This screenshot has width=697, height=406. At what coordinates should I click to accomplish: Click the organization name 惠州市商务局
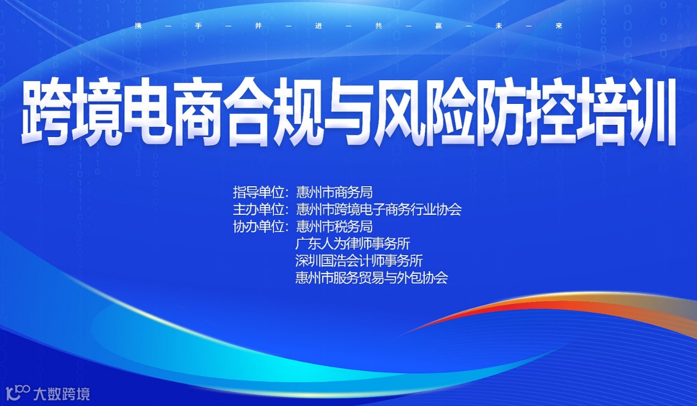pos(334,192)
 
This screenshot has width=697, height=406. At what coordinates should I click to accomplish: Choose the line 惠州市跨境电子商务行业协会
pos(378,209)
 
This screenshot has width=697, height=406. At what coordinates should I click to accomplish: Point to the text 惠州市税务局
pos(334,226)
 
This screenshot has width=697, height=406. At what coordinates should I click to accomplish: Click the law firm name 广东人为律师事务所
pos(352,243)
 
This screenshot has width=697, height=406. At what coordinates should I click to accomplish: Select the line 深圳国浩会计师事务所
pos(359,260)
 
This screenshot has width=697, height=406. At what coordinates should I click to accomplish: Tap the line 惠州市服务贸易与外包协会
pos(371,277)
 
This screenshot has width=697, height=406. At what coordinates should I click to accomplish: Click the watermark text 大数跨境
pos(61,394)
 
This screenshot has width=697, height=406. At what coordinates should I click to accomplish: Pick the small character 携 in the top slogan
pos(138,25)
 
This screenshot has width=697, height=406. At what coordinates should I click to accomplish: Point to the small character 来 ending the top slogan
pos(559,25)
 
